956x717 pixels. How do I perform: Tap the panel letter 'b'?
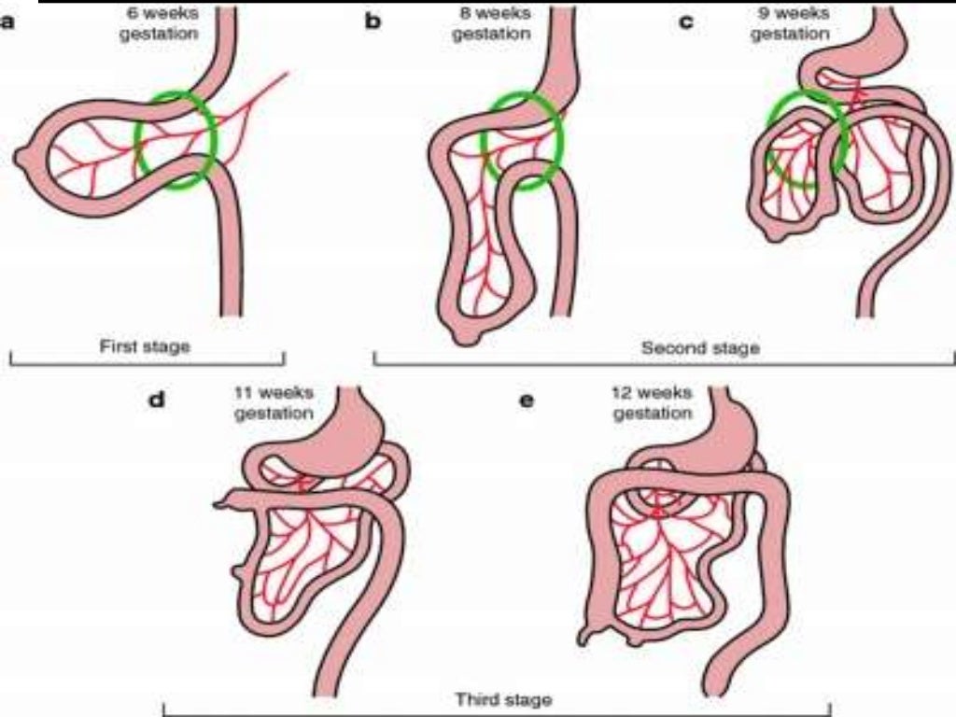(x=373, y=20)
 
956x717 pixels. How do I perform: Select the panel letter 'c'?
(x=686, y=21)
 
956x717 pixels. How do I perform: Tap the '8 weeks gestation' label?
(x=491, y=23)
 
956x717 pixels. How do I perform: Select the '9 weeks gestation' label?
(x=790, y=23)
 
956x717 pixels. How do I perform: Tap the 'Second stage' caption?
(x=701, y=348)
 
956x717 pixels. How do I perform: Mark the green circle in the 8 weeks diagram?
(x=523, y=140)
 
